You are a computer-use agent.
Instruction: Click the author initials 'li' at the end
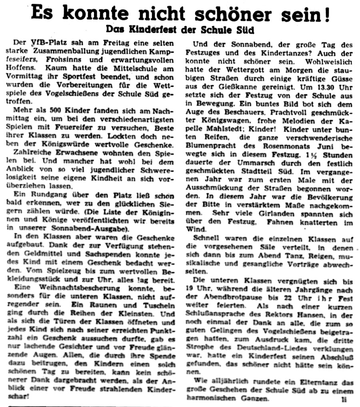coord(344,399)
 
